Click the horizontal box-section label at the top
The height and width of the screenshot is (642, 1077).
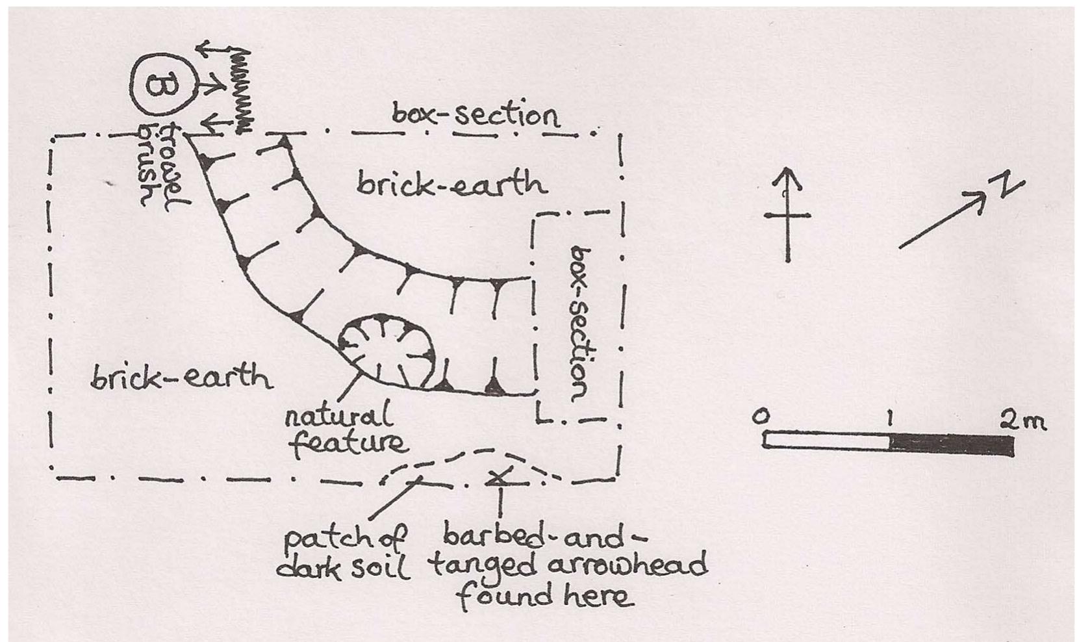tap(475, 115)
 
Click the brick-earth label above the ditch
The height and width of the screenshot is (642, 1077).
tap(451, 184)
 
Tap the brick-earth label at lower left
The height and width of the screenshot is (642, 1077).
tap(181, 377)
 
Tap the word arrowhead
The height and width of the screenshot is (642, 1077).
tap(627, 565)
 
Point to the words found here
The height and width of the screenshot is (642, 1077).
tap(545, 597)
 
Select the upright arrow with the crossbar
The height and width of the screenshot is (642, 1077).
tap(787, 214)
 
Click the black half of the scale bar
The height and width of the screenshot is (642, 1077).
tap(951, 444)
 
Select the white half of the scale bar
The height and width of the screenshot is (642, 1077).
tap(826, 442)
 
